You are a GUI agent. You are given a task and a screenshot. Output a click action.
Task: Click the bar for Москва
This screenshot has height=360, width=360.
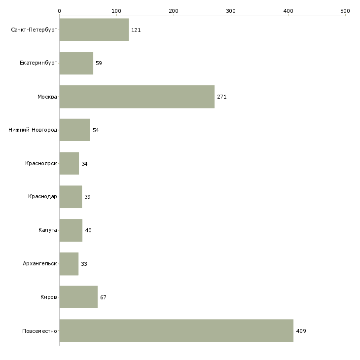point(137,97)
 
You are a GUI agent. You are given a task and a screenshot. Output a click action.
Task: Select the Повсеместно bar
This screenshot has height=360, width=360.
point(177,330)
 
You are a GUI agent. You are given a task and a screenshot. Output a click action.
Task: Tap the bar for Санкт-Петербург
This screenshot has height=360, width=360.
point(94,30)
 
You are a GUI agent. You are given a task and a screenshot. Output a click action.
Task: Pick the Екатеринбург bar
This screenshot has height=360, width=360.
point(76,63)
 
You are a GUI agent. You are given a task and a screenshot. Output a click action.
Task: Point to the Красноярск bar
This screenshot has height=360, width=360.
point(70,163)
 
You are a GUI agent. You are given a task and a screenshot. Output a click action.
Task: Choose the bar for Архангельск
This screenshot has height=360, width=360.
point(69,264)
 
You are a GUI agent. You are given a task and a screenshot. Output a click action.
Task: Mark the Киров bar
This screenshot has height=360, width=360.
point(79,297)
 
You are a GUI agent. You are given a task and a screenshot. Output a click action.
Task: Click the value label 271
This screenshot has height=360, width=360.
point(222,97)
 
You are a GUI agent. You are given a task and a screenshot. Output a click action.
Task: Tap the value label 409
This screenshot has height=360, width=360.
point(301,331)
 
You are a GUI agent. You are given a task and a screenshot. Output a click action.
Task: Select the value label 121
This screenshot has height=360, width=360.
point(136,30)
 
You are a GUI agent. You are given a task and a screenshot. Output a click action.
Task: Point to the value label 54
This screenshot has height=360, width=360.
point(96,130)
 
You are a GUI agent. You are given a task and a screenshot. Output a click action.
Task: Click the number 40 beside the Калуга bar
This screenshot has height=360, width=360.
point(88,230)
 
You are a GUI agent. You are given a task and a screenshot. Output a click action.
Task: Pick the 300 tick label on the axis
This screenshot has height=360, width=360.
point(231,11)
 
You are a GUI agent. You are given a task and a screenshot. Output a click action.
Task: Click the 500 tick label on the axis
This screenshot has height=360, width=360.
point(345,11)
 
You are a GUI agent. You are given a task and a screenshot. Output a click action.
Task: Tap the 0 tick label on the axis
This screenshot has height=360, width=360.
point(60,11)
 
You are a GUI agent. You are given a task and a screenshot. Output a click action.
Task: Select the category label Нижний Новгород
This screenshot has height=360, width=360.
point(33,130)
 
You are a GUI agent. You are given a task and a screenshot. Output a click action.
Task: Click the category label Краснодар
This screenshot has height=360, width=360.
point(42,197)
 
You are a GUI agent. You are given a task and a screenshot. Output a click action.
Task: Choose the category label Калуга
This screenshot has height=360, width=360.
point(48,230)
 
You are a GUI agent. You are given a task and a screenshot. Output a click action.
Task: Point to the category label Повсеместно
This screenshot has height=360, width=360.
point(39,331)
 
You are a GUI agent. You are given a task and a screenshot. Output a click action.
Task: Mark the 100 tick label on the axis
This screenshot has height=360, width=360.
point(116,11)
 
